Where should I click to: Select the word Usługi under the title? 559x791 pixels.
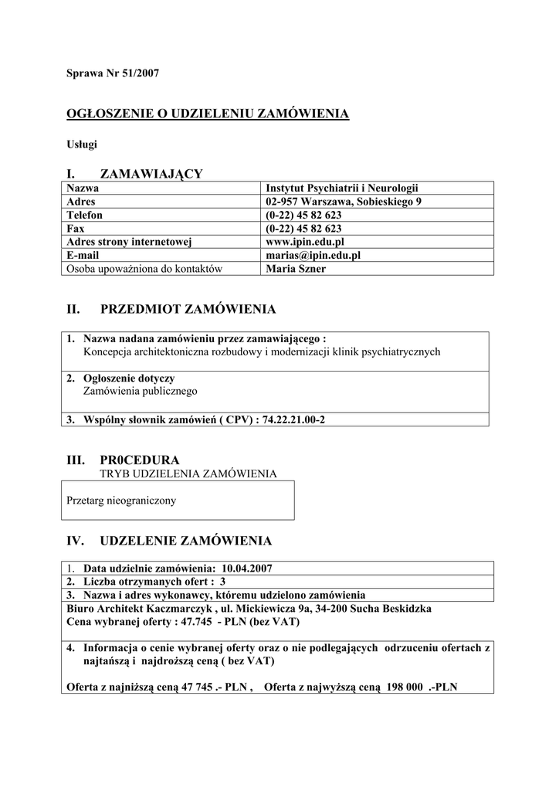[81, 144]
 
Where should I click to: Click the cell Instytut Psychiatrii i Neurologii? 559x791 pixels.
[342, 188]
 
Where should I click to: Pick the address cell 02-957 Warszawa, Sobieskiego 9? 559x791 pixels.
[344, 202]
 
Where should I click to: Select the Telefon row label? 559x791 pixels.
[85, 216]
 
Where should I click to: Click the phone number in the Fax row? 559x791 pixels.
[303, 229]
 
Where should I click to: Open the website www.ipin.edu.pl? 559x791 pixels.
[304, 242]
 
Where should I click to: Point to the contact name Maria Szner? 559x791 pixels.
[295, 269]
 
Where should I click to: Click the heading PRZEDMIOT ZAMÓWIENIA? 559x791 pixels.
[188, 310]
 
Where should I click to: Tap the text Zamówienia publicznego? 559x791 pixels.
[140, 392]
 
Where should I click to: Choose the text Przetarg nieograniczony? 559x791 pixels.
[121, 501]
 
